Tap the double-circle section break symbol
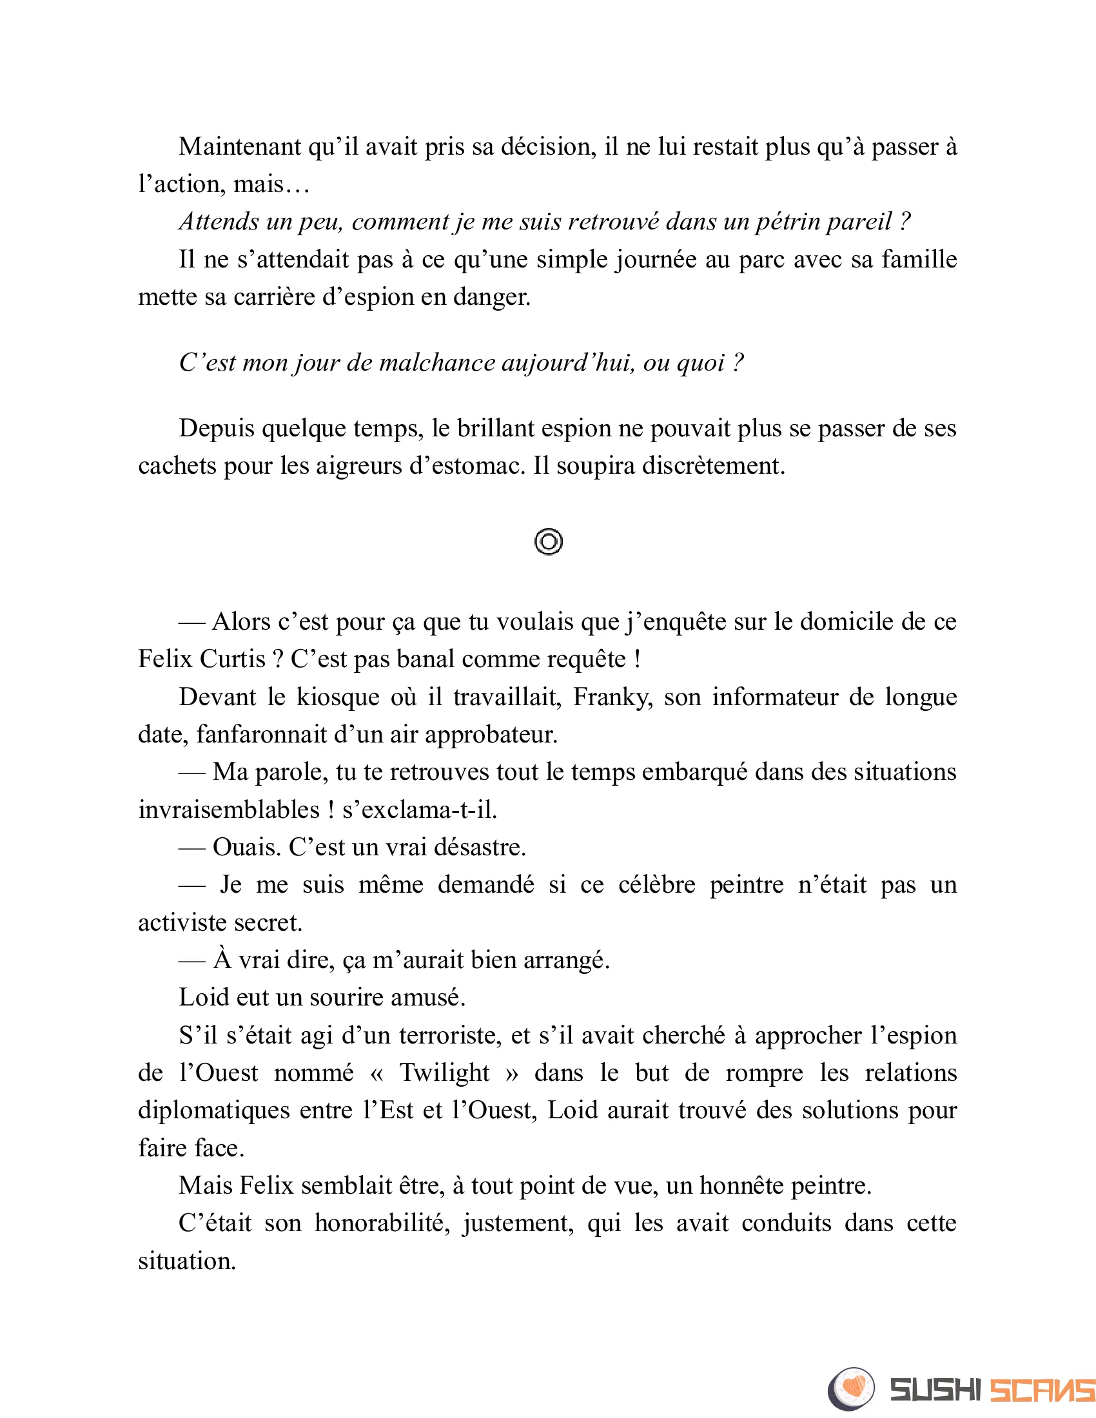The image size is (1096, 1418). tap(549, 541)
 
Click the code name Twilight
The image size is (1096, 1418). tap(444, 1074)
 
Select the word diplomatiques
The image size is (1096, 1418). tap(213, 1112)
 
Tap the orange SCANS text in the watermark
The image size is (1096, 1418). tap(1041, 1390)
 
